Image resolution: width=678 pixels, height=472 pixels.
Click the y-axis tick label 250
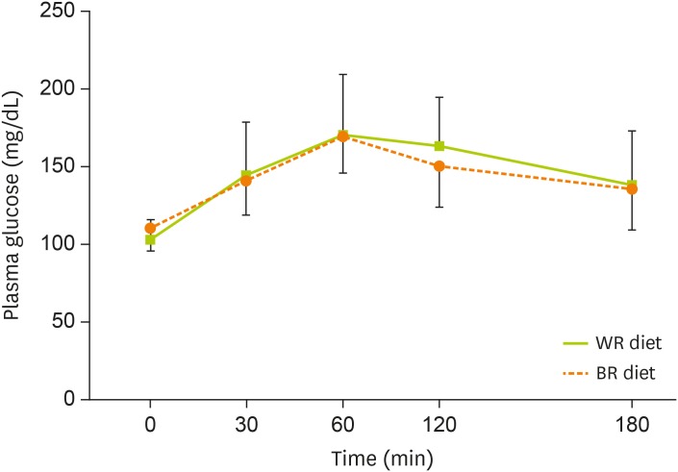coord(64,12)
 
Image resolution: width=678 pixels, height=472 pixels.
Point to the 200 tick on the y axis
coord(64,89)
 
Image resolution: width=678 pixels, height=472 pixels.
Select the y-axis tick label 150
coord(64,166)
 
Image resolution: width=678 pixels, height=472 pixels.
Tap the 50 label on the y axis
coord(69,321)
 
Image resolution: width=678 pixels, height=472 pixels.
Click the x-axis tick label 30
coord(246,422)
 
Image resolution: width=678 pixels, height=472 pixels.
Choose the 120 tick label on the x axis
coord(439,422)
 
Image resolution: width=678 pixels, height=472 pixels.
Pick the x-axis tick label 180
coord(631,422)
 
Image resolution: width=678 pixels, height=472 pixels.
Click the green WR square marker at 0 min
coord(150,239)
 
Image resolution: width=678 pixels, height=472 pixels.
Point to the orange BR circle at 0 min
coord(150,229)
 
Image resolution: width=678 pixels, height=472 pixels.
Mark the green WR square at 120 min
coord(439,146)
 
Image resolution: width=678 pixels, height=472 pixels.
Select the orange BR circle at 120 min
coord(439,166)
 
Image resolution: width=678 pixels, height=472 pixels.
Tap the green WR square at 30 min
coord(246,176)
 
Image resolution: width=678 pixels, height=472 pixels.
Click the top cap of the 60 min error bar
coord(342,74)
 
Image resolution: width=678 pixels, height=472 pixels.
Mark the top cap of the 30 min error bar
coord(246,122)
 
